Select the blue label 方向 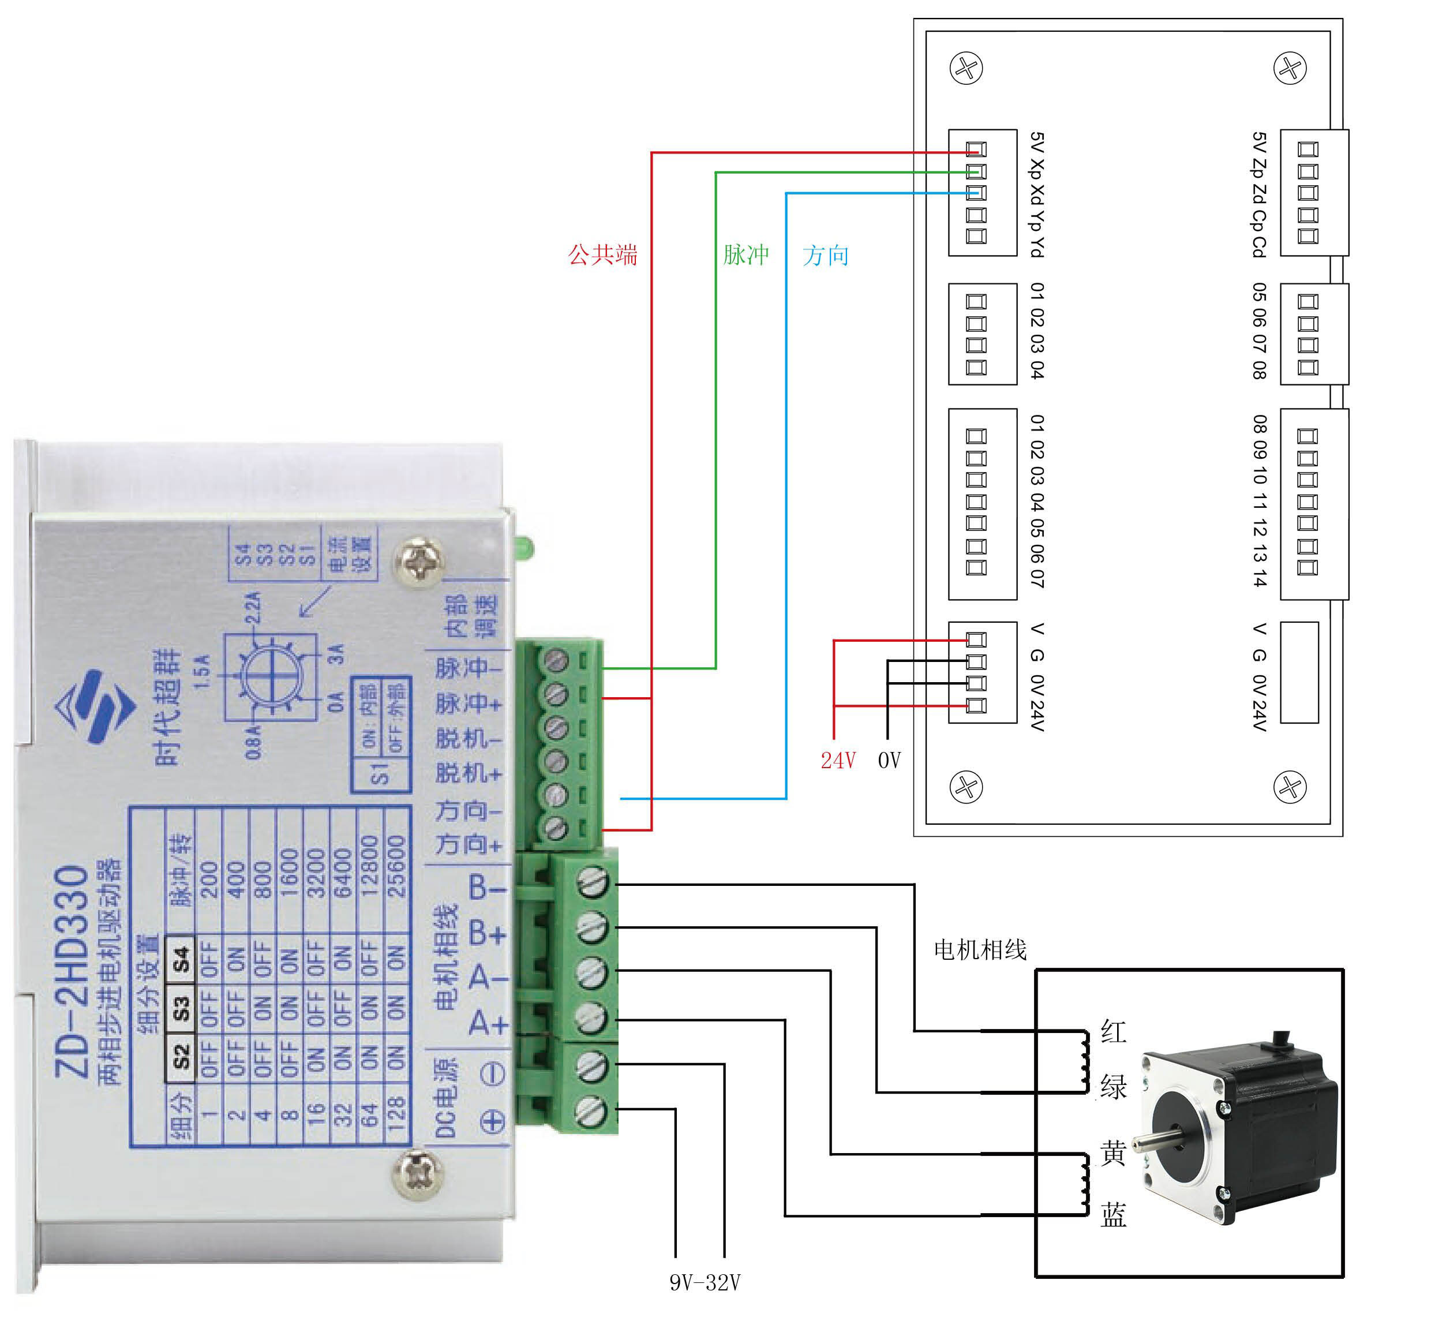(826, 255)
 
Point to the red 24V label (838, 760)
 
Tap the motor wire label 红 (1113, 1031)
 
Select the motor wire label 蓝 (1113, 1215)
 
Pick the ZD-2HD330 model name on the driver (72, 971)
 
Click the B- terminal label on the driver (488, 887)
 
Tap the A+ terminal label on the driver (488, 1023)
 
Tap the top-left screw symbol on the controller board (966, 69)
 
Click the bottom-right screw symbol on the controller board (1290, 786)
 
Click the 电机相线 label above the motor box (980, 950)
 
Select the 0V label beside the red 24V (890, 760)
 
